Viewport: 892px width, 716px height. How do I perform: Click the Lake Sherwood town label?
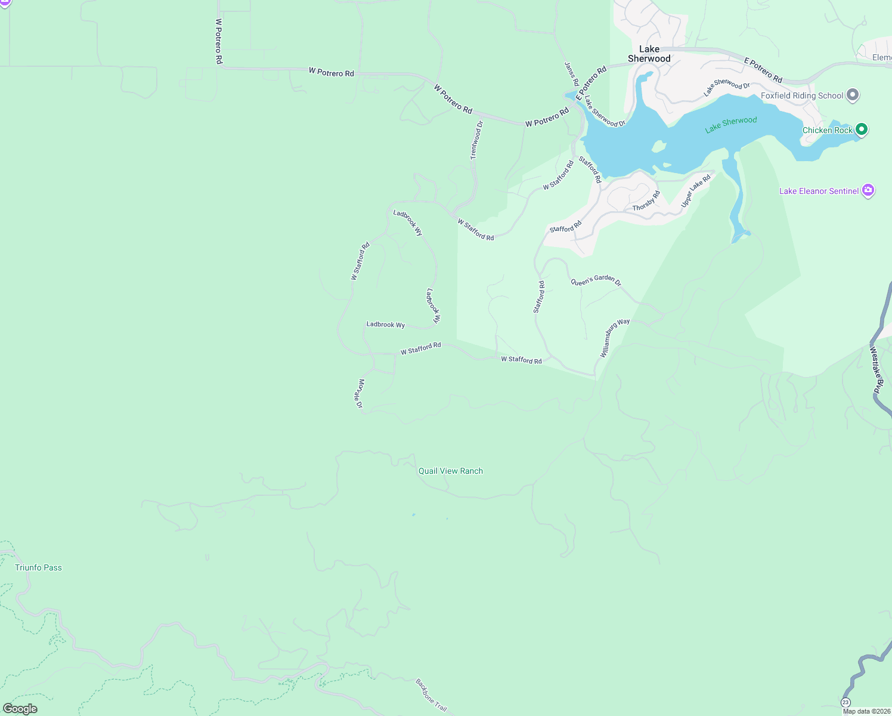pyautogui.click(x=649, y=54)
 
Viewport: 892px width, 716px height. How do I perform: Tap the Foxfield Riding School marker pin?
pyautogui.click(x=853, y=95)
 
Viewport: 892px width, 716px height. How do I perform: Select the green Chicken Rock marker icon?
pyautogui.click(x=861, y=129)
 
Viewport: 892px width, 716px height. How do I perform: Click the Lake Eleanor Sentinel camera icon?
pyautogui.click(x=868, y=190)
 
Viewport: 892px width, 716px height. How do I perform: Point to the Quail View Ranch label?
pyautogui.click(x=450, y=471)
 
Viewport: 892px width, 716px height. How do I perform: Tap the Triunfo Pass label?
pyautogui.click(x=38, y=567)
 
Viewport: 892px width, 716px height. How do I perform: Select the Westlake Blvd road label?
pyautogui.click(x=875, y=370)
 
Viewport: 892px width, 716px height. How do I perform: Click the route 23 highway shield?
pyautogui.click(x=845, y=702)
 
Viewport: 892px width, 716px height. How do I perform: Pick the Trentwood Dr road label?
pyautogui.click(x=476, y=140)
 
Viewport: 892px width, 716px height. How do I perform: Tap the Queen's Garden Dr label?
pyautogui.click(x=596, y=280)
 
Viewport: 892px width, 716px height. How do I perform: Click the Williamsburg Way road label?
pyautogui.click(x=614, y=338)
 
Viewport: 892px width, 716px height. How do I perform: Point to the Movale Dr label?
pyautogui.click(x=360, y=393)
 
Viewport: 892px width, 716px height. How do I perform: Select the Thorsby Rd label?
pyautogui.click(x=646, y=200)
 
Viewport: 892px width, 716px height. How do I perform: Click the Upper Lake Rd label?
pyautogui.click(x=696, y=191)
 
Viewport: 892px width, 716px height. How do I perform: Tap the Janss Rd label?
pyautogui.click(x=571, y=74)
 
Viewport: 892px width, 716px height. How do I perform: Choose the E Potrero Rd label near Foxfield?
pyautogui.click(x=763, y=70)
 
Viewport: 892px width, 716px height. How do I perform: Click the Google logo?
pyautogui.click(x=20, y=708)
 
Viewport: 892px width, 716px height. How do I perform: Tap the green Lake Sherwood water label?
pyautogui.click(x=730, y=125)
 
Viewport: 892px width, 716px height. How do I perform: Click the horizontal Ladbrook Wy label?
pyautogui.click(x=385, y=325)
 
